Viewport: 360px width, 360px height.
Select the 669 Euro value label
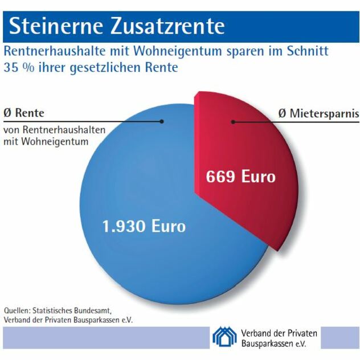click(x=240, y=177)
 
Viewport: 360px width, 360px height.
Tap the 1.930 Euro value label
click(x=144, y=226)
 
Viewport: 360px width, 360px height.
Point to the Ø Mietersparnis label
click(x=318, y=113)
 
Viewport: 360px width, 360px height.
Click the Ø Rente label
click(x=24, y=113)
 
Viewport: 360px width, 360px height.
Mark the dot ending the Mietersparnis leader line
click(x=232, y=121)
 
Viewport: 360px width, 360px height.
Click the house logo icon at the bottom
click(x=224, y=337)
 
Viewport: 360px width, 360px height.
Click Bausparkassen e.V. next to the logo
click(x=273, y=344)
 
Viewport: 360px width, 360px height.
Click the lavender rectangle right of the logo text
click(x=340, y=337)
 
